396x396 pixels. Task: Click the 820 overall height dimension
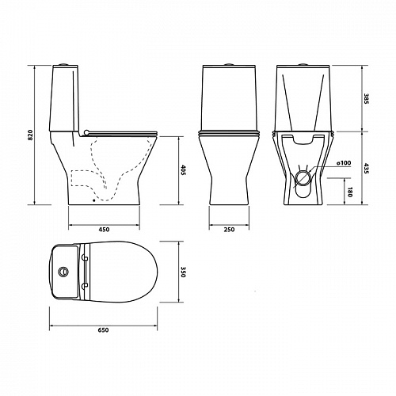pos(31,135)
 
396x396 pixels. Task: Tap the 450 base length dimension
pos(104,230)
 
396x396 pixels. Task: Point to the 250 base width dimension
pos(229,230)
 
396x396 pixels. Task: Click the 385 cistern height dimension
pos(366,98)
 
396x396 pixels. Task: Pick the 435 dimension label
pos(366,168)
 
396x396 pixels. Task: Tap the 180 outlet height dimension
pos(350,192)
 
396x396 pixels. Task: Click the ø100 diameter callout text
pos(344,163)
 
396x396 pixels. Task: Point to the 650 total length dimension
pos(103,330)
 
